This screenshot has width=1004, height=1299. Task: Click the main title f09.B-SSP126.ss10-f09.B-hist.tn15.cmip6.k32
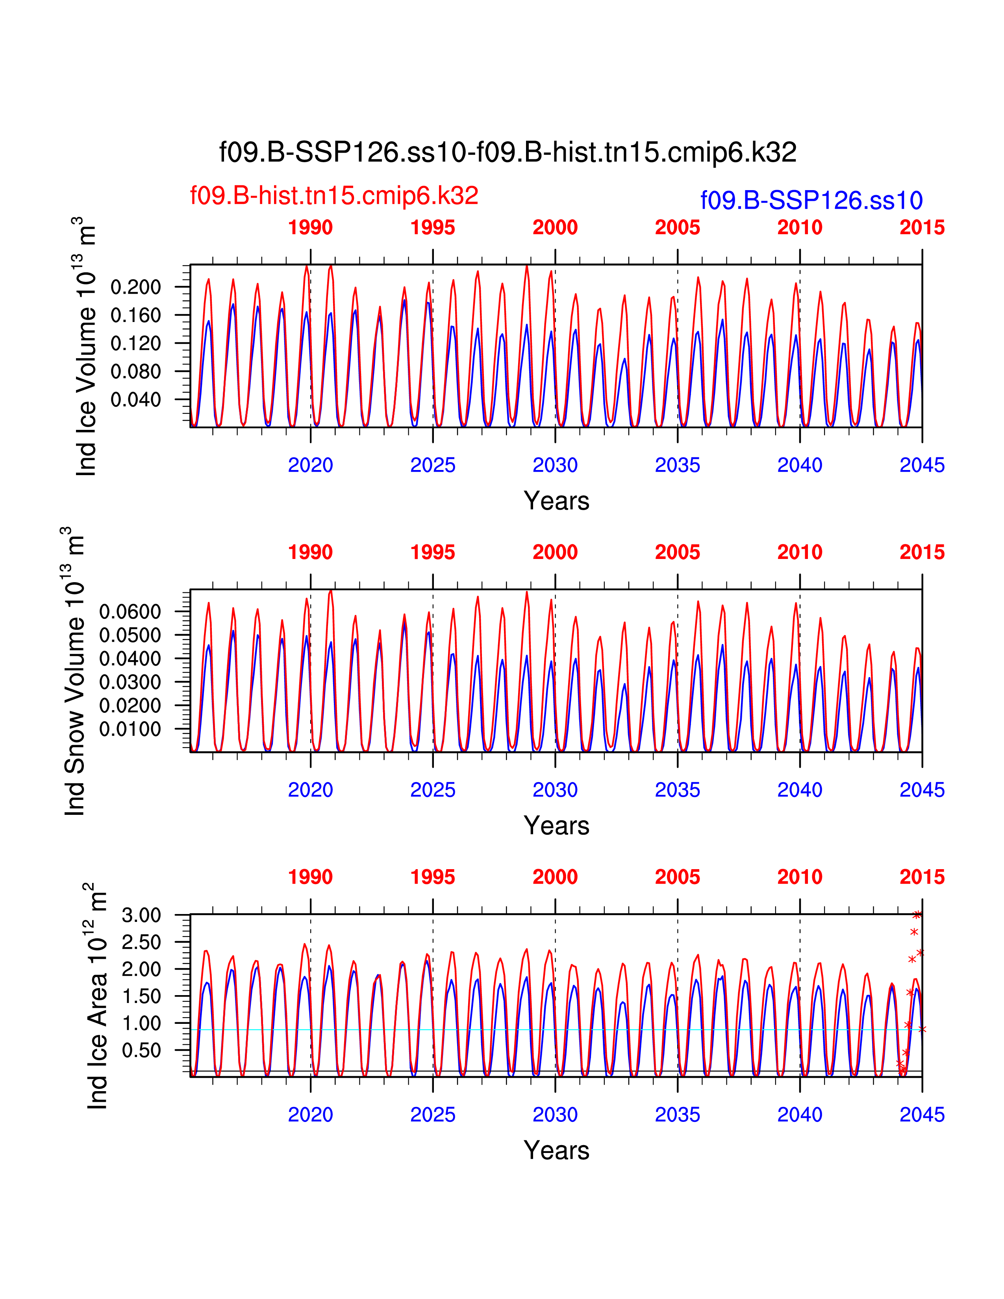tap(508, 152)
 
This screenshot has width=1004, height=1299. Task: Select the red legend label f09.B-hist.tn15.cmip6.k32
tap(333, 196)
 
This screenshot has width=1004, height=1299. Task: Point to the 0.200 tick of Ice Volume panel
tap(135, 287)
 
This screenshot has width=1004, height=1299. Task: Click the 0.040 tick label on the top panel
tap(135, 400)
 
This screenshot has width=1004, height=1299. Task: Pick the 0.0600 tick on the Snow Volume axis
tap(130, 611)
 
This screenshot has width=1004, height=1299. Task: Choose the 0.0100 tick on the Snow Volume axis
tap(130, 729)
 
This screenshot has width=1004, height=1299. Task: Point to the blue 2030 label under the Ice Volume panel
tap(554, 465)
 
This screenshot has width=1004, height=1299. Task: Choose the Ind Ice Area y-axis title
tap(97, 996)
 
